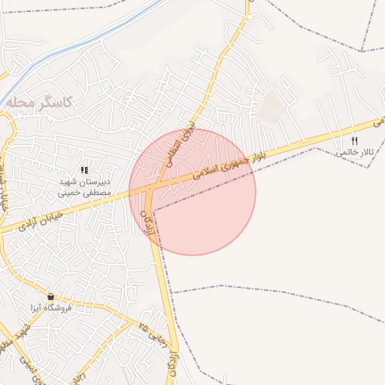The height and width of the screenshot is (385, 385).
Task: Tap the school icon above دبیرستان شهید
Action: (84, 170)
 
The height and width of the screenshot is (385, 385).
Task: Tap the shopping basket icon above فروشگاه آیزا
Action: (50, 296)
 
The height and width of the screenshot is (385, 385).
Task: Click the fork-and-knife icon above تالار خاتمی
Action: (354, 141)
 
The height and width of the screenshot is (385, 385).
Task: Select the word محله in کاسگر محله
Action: (23, 101)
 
